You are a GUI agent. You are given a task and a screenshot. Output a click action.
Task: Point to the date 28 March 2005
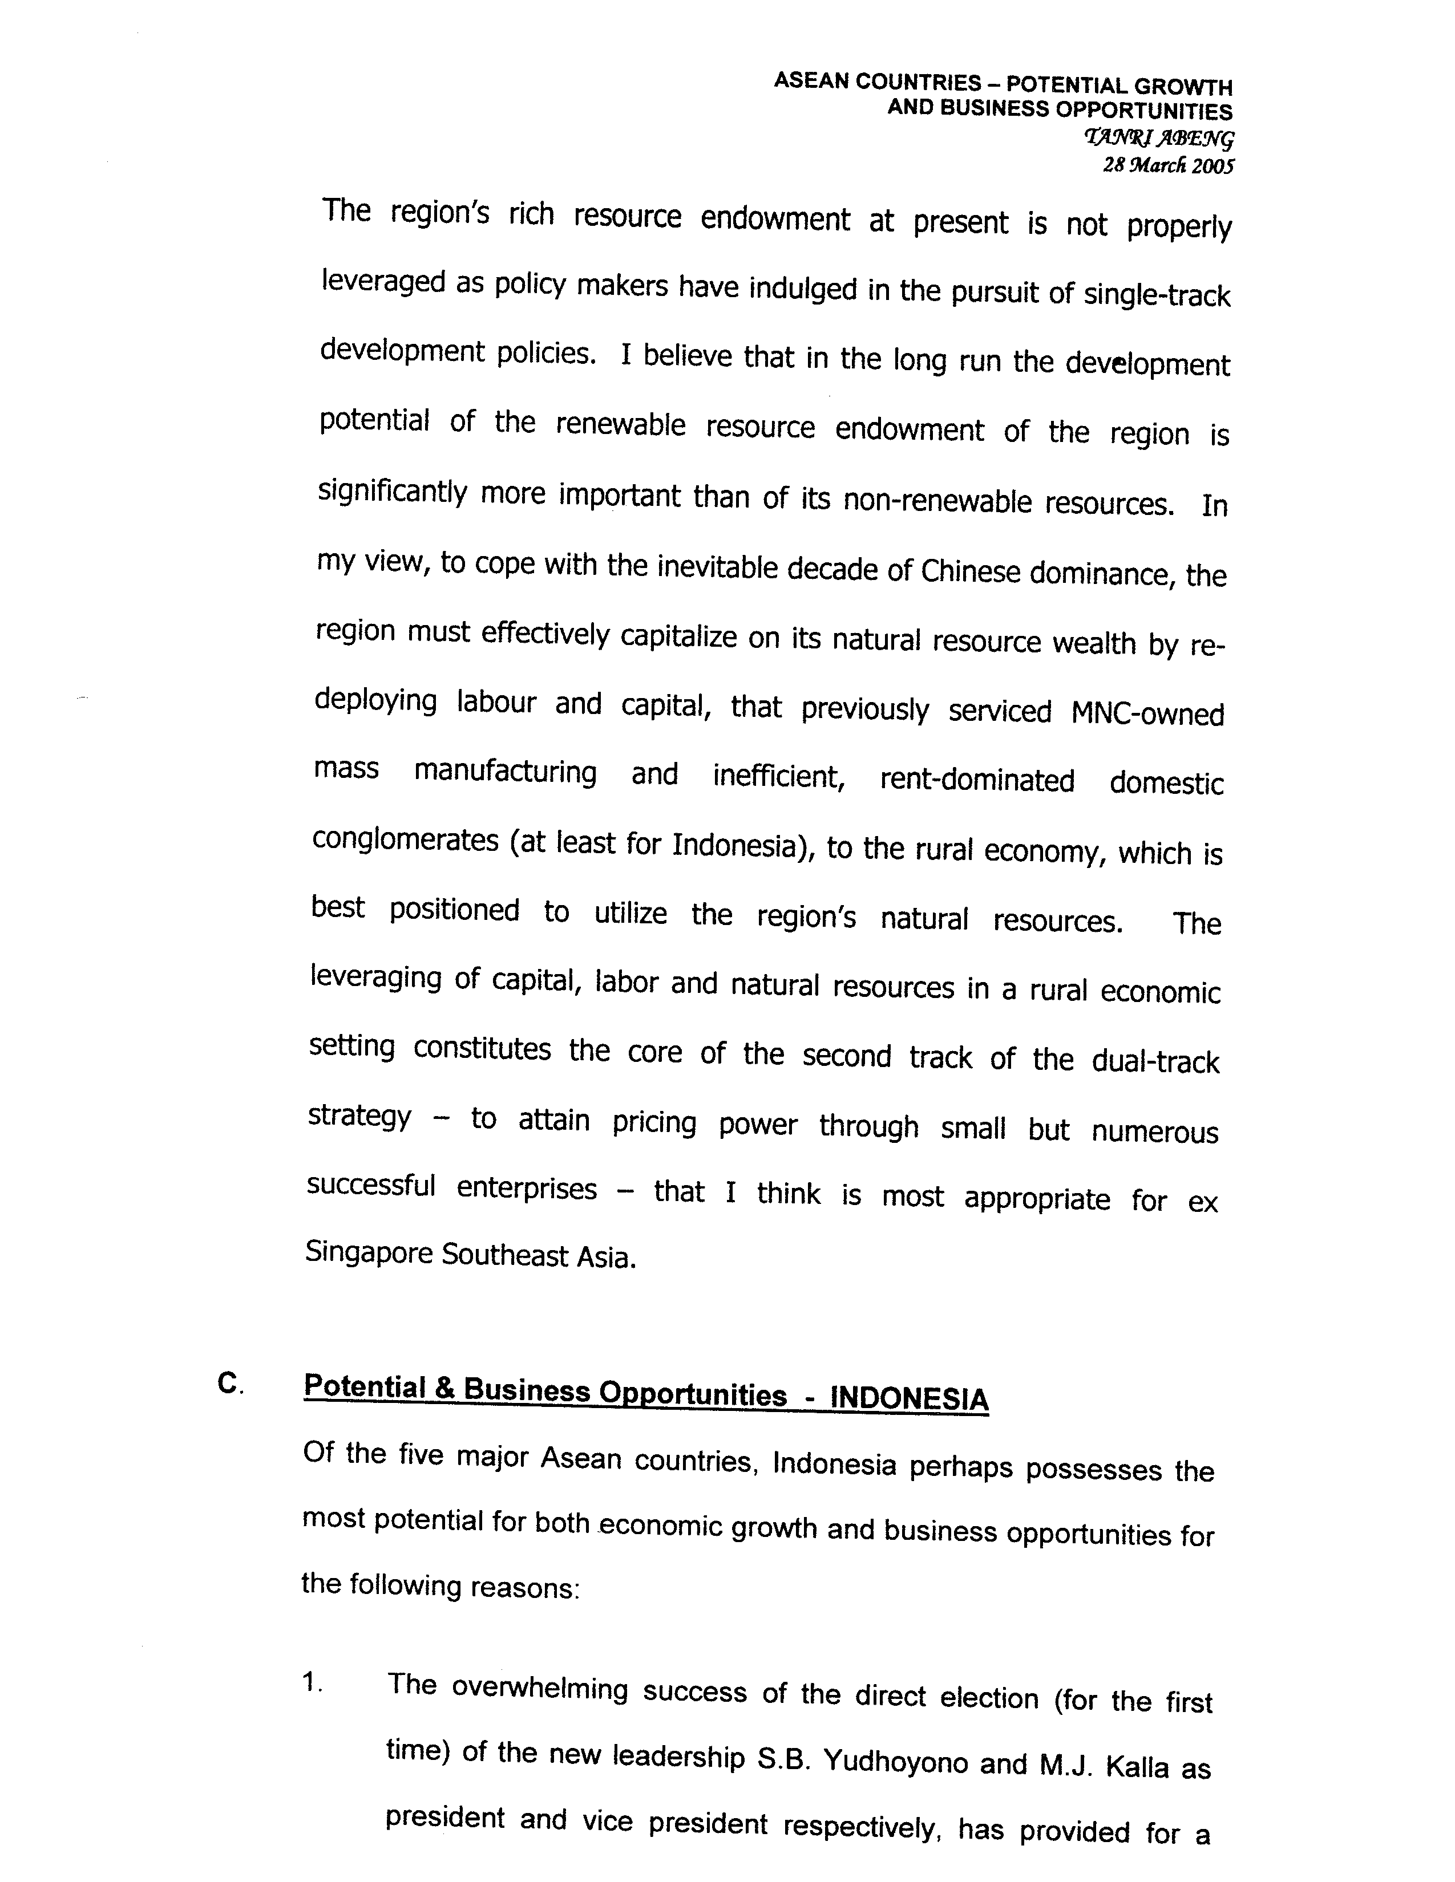tap(1168, 165)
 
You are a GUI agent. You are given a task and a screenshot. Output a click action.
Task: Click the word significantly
tap(391, 493)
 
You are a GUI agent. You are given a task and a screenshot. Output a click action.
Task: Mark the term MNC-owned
tap(1147, 715)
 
